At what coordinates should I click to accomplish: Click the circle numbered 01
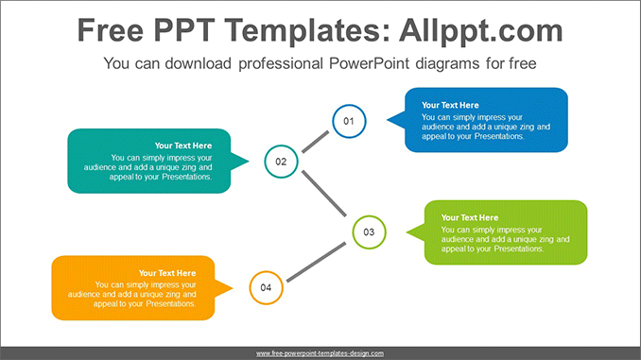tap(348, 120)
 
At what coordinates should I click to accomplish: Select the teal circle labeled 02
tap(281, 162)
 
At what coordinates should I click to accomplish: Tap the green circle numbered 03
tap(369, 231)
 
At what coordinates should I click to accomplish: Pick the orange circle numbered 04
tap(266, 287)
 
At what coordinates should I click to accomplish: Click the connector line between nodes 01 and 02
tap(315, 141)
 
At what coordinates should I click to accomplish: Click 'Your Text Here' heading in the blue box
tap(450, 105)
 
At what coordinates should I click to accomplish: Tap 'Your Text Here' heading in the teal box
tap(183, 146)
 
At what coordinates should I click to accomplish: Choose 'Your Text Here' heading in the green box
tap(469, 217)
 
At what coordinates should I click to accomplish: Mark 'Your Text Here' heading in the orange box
tap(167, 273)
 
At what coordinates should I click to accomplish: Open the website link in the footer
tap(320, 353)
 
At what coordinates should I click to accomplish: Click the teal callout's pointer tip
tap(249, 162)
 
